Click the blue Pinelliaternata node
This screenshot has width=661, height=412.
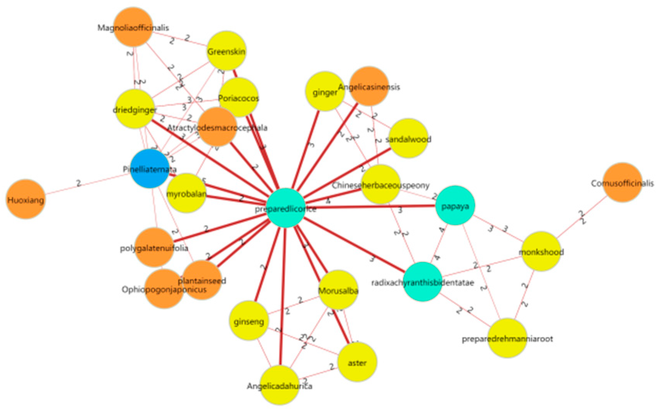[150, 169]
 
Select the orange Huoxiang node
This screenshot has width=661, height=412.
[25, 199]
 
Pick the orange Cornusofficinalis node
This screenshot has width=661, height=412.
[622, 183]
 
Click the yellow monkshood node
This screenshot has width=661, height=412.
[541, 251]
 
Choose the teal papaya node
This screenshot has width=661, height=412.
[455, 205]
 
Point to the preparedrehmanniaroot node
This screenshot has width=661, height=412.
[507, 338]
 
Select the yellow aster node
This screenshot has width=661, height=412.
[357, 362]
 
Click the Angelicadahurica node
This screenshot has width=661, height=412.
[279, 385]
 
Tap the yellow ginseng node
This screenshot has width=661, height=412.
[249, 321]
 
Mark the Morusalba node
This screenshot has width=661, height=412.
[338, 290]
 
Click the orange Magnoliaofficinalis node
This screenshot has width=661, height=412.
[133, 27]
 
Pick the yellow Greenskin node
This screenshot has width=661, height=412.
[227, 51]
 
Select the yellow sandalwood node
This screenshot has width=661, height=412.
[408, 139]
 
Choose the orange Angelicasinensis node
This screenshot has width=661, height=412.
[369, 86]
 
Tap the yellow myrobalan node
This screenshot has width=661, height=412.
[186, 193]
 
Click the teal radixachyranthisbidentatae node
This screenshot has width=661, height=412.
[423, 282]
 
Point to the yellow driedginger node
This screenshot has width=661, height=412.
[135, 109]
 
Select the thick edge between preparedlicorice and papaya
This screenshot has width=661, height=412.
[370, 207]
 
